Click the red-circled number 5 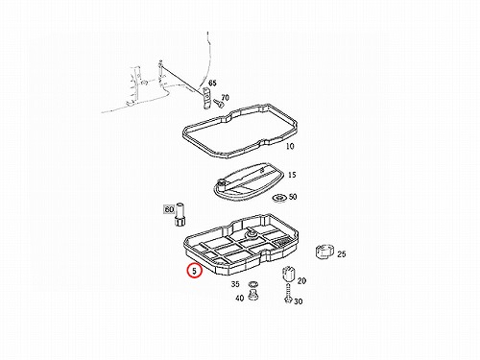tap(195, 271)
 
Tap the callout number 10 tap(290, 146)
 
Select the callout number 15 tap(292, 175)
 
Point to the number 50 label tap(293, 196)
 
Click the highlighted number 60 tap(169, 209)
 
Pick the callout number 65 tap(212, 83)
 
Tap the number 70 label tap(225, 97)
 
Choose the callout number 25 tap(342, 253)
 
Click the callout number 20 tap(301, 280)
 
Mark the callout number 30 tap(298, 301)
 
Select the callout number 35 tap(235, 284)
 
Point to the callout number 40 tap(239, 298)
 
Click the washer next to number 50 tap(279, 199)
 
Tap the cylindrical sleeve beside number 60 tap(180, 214)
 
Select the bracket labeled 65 tap(206, 98)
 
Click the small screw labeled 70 tap(218, 103)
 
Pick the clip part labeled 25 tap(324, 252)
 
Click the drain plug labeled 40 tap(253, 295)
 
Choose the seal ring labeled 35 tap(253, 284)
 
